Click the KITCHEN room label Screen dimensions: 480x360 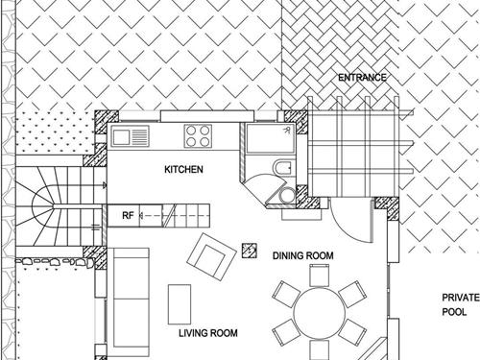[183, 169]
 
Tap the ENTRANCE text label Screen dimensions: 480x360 [362, 78]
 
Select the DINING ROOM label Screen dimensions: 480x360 [302, 255]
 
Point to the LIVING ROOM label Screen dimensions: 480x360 [208, 333]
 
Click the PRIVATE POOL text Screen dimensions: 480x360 [461, 304]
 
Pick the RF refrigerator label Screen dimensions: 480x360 [128, 216]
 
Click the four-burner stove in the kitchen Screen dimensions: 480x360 [198, 136]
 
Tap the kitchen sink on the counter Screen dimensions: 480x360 [130, 136]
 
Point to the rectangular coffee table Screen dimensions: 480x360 [180, 304]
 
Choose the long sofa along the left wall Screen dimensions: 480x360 [131, 302]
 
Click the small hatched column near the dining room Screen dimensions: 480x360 [250, 251]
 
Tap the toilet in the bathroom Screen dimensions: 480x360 [282, 167]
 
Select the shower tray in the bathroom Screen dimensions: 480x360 [272, 138]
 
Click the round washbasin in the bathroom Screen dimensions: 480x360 [287, 195]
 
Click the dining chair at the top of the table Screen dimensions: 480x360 [320, 276]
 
